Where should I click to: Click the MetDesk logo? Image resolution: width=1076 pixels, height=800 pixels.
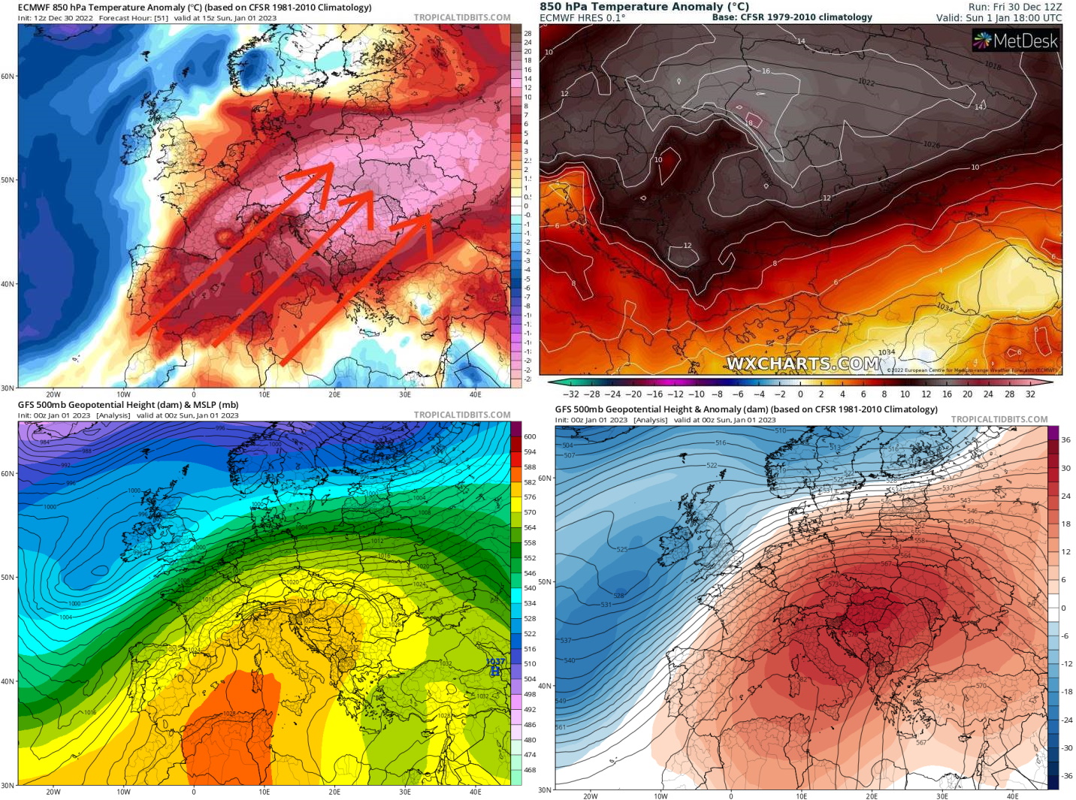(x=1015, y=41)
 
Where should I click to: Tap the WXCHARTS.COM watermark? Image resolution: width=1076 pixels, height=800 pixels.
(x=802, y=364)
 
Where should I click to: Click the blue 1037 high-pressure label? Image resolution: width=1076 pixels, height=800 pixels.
(x=496, y=663)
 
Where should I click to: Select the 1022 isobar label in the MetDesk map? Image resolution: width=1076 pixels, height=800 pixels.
(x=866, y=82)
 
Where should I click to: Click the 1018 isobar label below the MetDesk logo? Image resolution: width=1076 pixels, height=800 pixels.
(x=993, y=66)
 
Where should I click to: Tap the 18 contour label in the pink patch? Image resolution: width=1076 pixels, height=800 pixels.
(x=749, y=122)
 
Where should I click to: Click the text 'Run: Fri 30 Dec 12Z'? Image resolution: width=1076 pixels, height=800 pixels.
(x=1015, y=7)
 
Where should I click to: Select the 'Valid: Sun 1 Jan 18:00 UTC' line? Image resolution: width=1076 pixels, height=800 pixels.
(x=999, y=17)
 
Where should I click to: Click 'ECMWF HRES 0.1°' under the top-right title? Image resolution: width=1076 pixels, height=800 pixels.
(x=582, y=17)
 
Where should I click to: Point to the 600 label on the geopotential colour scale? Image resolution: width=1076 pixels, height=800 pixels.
(x=530, y=436)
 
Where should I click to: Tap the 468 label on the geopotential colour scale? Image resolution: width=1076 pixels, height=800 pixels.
(x=530, y=770)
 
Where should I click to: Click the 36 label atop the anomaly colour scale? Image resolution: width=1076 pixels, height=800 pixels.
(x=1065, y=440)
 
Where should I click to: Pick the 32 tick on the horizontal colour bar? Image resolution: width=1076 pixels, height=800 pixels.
(x=1030, y=394)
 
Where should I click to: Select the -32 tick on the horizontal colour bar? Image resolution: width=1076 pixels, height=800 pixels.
(x=572, y=394)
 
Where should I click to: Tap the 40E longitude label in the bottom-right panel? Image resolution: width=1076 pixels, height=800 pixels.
(x=1012, y=796)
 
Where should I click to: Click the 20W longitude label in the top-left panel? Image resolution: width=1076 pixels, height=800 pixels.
(x=53, y=394)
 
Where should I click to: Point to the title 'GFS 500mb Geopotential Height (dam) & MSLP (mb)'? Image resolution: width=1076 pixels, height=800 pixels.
(x=128, y=405)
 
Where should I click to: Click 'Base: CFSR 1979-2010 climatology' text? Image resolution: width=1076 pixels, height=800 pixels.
(x=792, y=17)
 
